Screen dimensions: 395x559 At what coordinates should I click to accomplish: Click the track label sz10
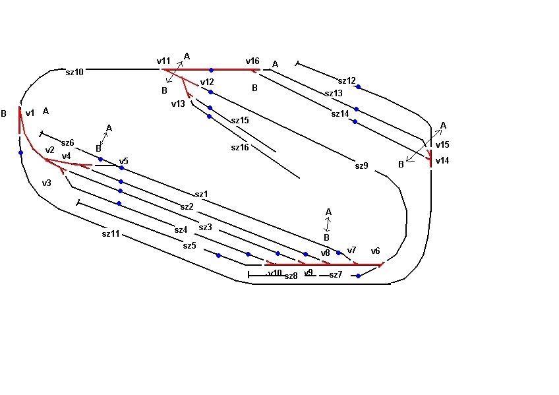coord(74,72)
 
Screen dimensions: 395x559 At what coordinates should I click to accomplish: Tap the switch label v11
coord(163,61)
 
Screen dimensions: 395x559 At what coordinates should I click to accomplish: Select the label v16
coord(252,61)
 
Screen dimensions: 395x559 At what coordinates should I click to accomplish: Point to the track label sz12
coord(347,81)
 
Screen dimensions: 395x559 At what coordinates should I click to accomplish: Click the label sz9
coord(361,166)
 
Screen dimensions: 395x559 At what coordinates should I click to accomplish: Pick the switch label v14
coord(442,160)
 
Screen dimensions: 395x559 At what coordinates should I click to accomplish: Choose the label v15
coord(442,144)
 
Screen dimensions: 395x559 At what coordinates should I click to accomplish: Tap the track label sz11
coord(111,233)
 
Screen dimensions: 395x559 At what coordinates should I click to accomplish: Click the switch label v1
coord(30,113)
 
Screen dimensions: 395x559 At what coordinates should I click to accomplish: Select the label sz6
coord(68,142)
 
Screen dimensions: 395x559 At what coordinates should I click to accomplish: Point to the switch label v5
coord(123,161)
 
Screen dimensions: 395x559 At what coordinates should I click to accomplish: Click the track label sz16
coord(240,147)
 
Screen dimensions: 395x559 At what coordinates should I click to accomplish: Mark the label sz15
coord(240,121)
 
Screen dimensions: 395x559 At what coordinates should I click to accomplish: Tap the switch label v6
coord(375,251)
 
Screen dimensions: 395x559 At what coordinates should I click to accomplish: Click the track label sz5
coord(190,245)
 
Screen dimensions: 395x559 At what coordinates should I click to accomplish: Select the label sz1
coord(201,194)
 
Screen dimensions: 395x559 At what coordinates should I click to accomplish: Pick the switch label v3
coord(46,183)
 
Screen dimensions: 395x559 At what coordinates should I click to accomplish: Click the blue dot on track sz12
coord(358,87)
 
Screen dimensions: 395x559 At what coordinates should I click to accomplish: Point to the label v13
coord(178,104)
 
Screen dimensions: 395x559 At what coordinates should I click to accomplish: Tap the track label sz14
coord(340,113)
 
